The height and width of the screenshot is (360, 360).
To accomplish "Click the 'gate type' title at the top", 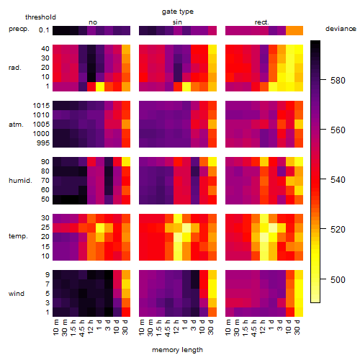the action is pos(178,12).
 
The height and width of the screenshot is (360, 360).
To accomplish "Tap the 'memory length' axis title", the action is pos(177,350).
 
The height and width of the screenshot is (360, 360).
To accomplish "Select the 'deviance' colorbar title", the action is pos(341,29).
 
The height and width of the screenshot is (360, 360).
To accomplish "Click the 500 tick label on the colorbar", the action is pos(338,279).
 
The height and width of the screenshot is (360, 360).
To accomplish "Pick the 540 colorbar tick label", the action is pos(338,180).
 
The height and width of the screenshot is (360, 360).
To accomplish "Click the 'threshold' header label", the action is pos(40,17).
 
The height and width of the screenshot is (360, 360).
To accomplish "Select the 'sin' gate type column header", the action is pos(177,22).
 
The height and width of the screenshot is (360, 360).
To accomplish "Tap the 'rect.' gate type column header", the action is pos(261,22).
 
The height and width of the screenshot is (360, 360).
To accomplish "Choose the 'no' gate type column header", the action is pos(93,22).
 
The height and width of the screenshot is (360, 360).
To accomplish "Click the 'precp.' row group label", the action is pos(19,29).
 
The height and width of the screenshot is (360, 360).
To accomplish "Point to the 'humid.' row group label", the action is pos(20,181).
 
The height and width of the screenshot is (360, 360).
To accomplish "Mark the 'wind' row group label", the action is pos(17,294).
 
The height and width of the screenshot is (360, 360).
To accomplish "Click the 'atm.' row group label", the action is pos(16,125).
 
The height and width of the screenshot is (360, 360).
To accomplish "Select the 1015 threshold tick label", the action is pos(41,106).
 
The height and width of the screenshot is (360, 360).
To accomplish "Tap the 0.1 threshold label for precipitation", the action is pos(44,30).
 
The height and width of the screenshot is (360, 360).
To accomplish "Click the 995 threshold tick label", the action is pos(43,143).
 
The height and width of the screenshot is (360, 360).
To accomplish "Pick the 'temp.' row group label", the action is pos(18,236).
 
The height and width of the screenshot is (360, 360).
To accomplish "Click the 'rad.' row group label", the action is pos(15,68).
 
